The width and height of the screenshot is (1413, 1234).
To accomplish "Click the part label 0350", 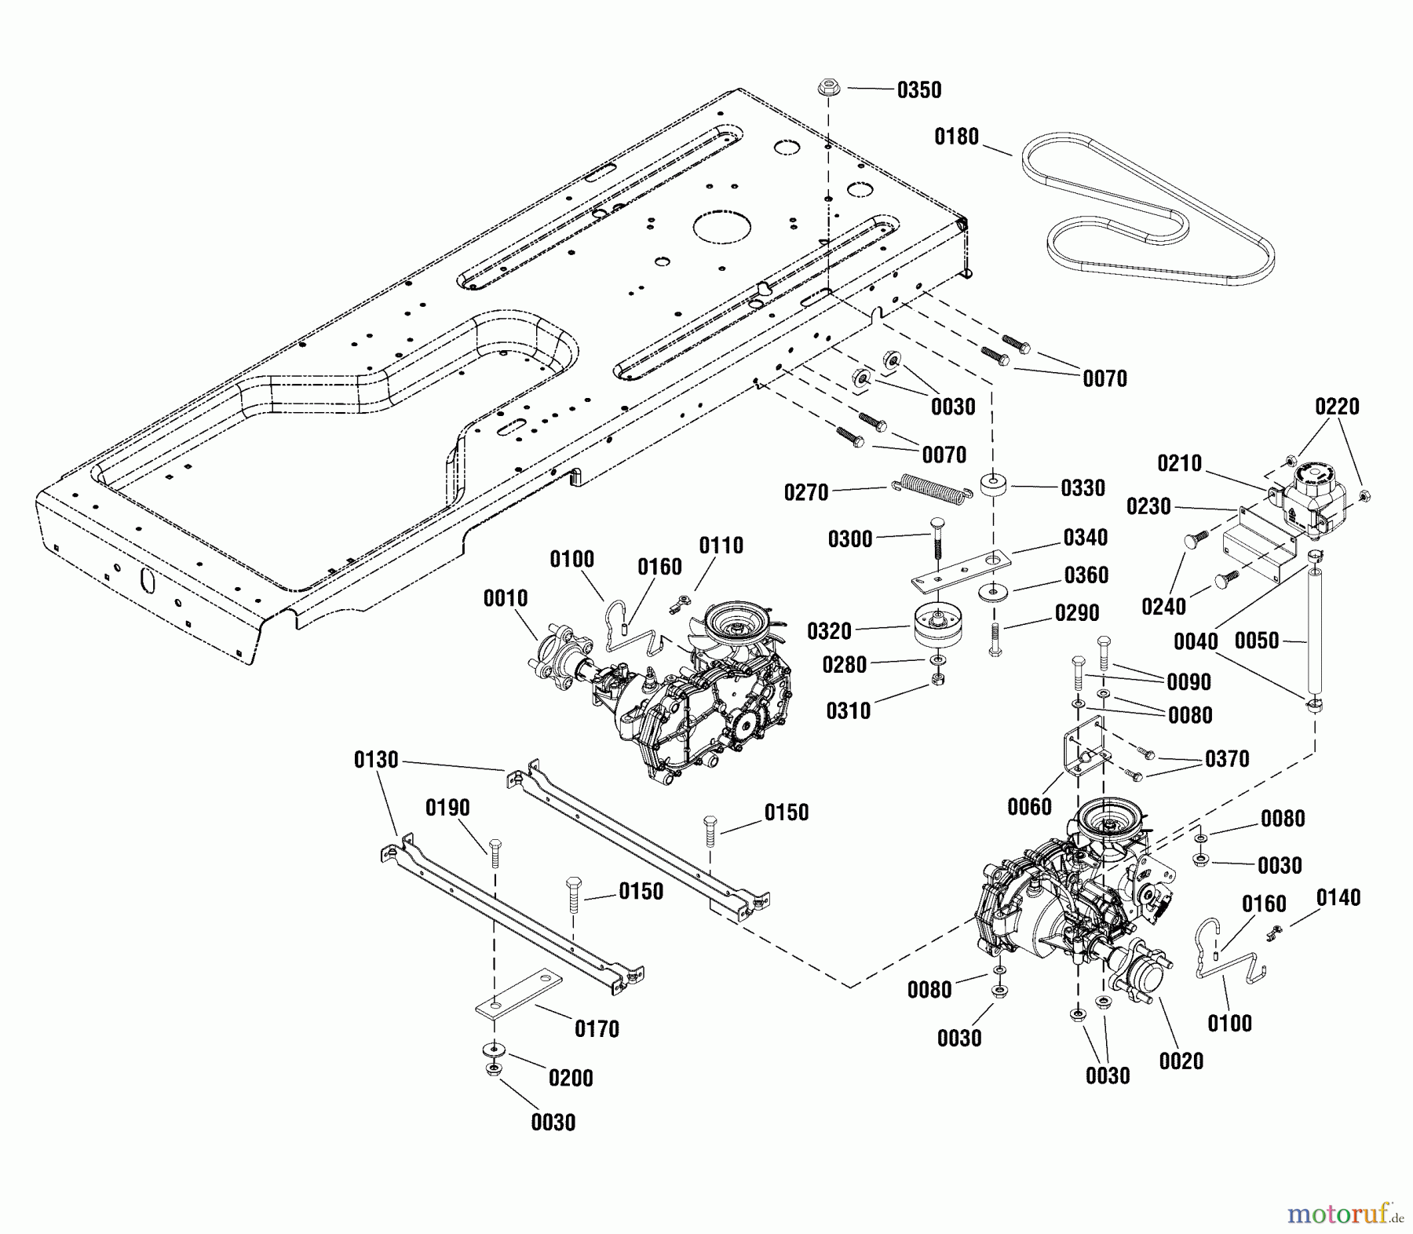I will click(918, 90).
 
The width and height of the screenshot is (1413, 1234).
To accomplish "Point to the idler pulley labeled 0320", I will click(939, 624).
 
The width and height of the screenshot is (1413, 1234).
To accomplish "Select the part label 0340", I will click(1086, 538).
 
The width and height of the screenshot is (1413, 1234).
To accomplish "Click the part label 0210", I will click(1179, 464).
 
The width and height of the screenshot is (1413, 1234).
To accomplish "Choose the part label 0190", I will click(447, 808).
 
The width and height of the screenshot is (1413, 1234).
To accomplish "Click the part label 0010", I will click(506, 599).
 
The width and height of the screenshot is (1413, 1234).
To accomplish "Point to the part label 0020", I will click(1181, 1061).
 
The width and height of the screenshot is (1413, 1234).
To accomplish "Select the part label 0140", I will click(1338, 897).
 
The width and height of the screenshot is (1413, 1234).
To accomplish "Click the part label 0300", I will click(850, 539).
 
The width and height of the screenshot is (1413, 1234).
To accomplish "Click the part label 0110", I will click(721, 546).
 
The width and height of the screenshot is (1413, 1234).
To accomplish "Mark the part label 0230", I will click(1148, 507).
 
